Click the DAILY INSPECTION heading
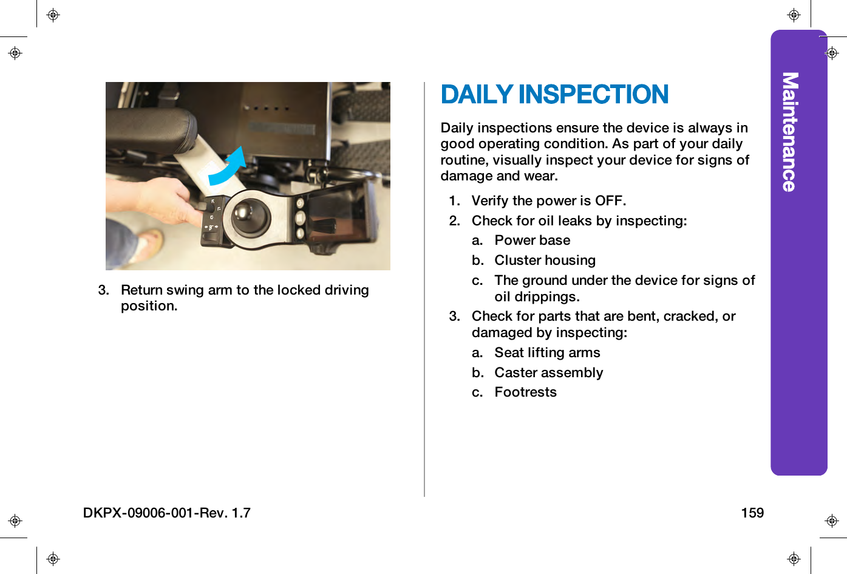[x=554, y=95]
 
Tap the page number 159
[x=752, y=513]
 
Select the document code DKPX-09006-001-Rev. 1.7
[x=166, y=513]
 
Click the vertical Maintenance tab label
[x=789, y=132]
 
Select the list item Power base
[x=532, y=241]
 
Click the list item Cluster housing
[x=545, y=261]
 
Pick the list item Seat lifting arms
[x=546, y=353]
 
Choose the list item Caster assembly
[x=548, y=373]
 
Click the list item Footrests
[x=525, y=392]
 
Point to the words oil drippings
[x=537, y=297]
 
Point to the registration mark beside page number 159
[x=831, y=521]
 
